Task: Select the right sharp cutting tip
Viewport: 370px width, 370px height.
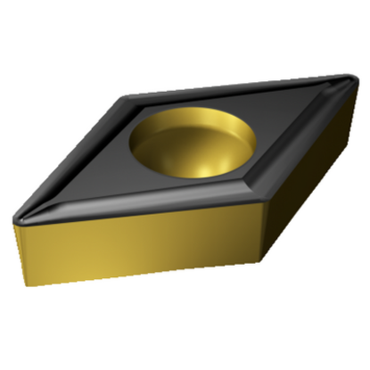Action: (x=349, y=81)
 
